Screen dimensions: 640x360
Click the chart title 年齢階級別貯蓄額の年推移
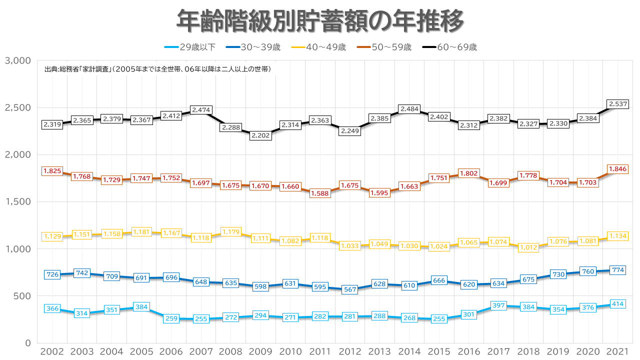320,20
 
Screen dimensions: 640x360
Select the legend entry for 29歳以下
189,47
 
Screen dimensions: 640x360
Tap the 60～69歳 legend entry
449,47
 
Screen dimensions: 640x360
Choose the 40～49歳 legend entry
318,47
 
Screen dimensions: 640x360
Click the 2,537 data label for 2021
617,104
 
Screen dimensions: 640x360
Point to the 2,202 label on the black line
260,135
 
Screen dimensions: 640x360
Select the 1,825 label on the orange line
52,171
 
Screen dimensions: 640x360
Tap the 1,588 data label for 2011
320,193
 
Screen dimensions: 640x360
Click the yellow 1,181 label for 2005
141,231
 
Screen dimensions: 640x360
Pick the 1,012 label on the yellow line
528,247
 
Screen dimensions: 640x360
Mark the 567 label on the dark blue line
350,289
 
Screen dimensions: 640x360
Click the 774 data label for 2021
617,270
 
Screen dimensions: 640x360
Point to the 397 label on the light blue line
498,305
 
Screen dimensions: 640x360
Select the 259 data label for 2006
171,318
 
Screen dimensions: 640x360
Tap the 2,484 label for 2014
409,109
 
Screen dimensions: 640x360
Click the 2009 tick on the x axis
260,351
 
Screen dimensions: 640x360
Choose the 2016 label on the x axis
469,351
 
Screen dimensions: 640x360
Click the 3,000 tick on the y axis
17,60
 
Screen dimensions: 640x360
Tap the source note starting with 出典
157,69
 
